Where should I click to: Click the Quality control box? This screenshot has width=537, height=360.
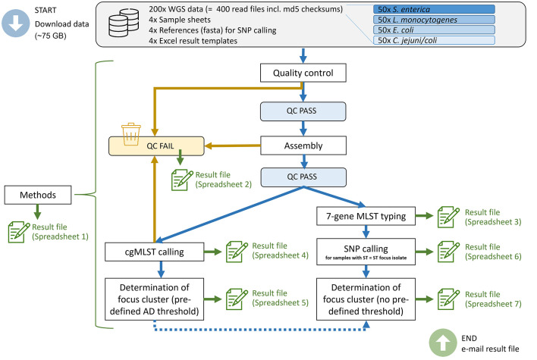[x=303, y=73]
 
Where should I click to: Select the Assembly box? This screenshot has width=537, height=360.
[x=303, y=146]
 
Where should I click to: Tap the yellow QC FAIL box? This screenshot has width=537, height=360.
[x=156, y=146]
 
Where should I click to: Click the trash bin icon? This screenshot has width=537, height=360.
[x=130, y=134]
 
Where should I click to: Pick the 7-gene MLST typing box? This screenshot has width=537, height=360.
[x=366, y=216]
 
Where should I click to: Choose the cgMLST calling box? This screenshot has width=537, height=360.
[x=155, y=252]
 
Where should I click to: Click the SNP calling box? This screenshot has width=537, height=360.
[x=366, y=252]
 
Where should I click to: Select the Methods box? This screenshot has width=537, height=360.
[x=38, y=195]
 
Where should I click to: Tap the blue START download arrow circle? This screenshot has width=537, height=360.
[x=15, y=23]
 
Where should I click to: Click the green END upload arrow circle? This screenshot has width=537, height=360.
[x=443, y=343]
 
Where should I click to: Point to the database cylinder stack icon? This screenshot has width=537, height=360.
[x=124, y=23]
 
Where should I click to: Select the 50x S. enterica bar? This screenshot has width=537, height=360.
[x=434, y=9]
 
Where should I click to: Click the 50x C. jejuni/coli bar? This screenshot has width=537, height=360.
[x=434, y=40]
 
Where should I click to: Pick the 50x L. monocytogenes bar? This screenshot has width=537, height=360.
[x=434, y=20]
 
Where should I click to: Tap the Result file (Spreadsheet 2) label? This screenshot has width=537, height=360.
[x=223, y=180]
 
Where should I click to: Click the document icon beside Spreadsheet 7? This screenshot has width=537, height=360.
[x=449, y=299]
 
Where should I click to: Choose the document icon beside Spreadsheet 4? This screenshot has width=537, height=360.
[x=237, y=252]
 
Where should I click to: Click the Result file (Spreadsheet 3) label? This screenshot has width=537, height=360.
[x=493, y=217]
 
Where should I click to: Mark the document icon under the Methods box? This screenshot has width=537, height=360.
[x=19, y=232]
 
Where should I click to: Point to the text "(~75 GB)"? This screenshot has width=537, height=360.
[x=50, y=36]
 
